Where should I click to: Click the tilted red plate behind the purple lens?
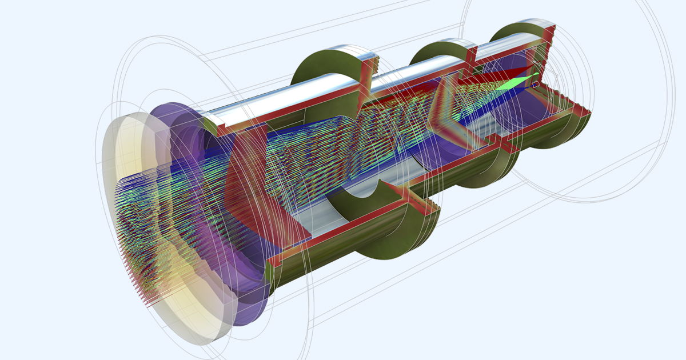240,166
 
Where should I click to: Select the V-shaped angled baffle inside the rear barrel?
452,114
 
